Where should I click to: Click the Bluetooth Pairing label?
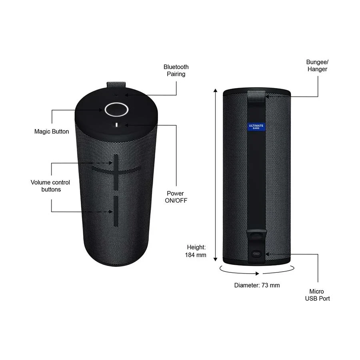pyautogui.click(x=176, y=70)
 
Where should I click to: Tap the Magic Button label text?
pyautogui.click(x=52, y=132)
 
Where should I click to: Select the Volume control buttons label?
pyautogui.click(x=50, y=186)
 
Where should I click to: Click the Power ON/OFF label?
pyautogui.click(x=176, y=197)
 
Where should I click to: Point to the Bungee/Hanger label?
pyautogui.click(x=317, y=66)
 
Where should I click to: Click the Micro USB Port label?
pyautogui.click(x=317, y=295)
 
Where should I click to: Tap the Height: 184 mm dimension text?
pyautogui.click(x=196, y=251)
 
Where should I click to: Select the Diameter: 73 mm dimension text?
pyautogui.click(x=257, y=285)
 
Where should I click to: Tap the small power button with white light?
pyautogui.click(x=116, y=125)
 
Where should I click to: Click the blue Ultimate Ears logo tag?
pyautogui.click(x=256, y=126)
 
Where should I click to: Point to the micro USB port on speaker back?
pyautogui.click(x=256, y=254)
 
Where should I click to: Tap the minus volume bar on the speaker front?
pyautogui.click(x=116, y=211)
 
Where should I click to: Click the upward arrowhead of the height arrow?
pyautogui.click(x=215, y=90)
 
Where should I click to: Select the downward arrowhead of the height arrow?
pyautogui.click(x=215, y=259)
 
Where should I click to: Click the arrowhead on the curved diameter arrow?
pyautogui.click(x=257, y=274)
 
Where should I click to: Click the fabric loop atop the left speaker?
pyautogui.click(x=116, y=84)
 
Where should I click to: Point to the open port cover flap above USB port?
pyautogui.click(x=256, y=235)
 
